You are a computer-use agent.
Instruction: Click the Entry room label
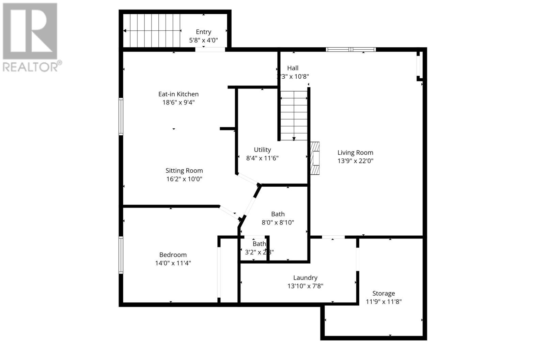pyautogui.click(x=203, y=32)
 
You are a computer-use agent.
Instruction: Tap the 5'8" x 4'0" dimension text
pyautogui.click(x=203, y=40)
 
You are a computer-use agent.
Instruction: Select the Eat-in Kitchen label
pyautogui.click(x=178, y=94)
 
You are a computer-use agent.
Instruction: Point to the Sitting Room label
pyautogui.click(x=184, y=171)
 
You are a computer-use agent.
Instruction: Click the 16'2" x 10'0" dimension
pyautogui.click(x=184, y=179)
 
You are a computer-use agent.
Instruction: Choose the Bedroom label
pyautogui.click(x=173, y=255)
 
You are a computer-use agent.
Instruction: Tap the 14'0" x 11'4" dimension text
pyautogui.click(x=173, y=263)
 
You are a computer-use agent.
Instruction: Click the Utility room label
pyautogui.click(x=262, y=150)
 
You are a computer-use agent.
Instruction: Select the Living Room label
pyautogui.click(x=355, y=153)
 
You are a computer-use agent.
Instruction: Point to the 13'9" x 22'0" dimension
pyautogui.click(x=355, y=161)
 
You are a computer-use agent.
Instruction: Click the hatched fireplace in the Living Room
pyautogui.click(x=315, y=158)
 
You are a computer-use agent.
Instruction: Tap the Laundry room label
pyautogui.click(x=305, y=278)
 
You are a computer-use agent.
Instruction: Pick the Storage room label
pyautogui.click(x=384, y=293)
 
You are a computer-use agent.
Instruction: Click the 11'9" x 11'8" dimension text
pyautogui.click(x=384, y=301)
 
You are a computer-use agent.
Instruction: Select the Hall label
pyautogui.click(x=293, y=68)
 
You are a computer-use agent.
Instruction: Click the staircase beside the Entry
pyautogui.click(x=151, y=31)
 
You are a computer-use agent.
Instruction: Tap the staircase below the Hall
pyautogui.click(x=294, y=116)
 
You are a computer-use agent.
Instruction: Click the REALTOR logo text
pyautogui.click(x=32, y=66)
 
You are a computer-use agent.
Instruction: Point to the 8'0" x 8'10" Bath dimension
pyautogui.click(x=278, y=222)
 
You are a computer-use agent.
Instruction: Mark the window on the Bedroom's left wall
pyautogui.click(x=121, y=255)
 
